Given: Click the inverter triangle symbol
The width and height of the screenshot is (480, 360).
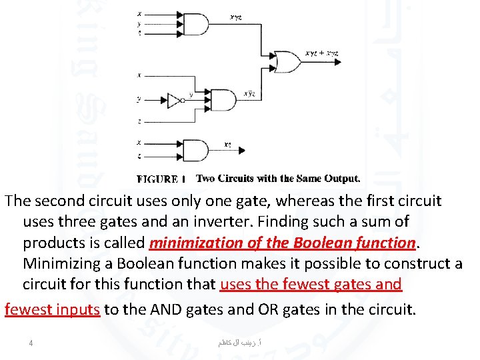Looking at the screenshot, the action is (175, 100).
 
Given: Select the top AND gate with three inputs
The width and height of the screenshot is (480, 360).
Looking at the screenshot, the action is (195, 25).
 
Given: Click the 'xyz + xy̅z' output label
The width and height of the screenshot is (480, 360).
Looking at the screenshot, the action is (321, 53).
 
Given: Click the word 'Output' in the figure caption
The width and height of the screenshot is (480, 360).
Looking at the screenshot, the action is (342, 179).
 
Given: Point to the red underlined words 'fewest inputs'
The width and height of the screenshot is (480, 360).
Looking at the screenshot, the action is (52, 309).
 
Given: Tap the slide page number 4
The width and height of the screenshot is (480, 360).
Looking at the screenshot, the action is (31, 343).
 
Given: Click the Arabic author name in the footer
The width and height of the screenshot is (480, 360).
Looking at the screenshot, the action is (240, 343).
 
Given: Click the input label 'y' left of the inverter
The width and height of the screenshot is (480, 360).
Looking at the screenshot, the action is (139, 99).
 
